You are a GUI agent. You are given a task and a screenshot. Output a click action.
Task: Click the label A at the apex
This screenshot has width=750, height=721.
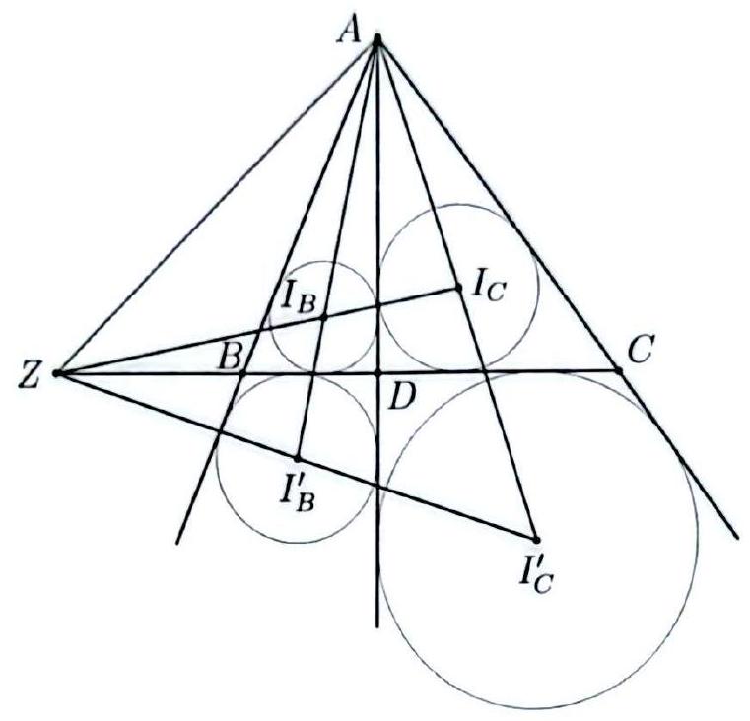click(348, 33)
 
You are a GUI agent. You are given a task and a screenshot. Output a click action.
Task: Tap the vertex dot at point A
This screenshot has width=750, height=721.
click(377, 38)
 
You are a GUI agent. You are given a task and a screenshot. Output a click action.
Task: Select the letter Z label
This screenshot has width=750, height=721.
click(29, 375)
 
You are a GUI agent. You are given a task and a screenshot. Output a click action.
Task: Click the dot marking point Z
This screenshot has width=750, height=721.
click(56, 373)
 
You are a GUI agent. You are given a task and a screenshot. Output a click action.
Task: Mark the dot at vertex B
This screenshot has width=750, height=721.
click(242, 373)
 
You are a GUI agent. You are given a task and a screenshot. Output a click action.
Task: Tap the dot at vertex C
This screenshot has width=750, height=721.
click(618, 370)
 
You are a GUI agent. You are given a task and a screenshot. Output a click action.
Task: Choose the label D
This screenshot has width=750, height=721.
click(400, 398)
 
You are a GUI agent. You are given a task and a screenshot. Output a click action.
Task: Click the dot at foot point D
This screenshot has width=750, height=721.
click(377, 373)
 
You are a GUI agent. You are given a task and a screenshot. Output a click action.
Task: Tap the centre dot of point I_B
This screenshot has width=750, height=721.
click(323, 317)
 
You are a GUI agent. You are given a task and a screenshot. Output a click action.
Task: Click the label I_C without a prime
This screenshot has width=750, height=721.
click(489, 288)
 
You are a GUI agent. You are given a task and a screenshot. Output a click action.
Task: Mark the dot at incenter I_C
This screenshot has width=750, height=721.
click(457, 288)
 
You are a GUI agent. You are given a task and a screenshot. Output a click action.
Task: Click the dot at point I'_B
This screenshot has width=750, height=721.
click(297, 459)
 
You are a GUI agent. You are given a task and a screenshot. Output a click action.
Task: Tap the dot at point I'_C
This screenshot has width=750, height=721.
click(536, 540)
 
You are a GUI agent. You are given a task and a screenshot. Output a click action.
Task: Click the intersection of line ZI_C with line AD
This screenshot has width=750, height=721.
click(377, 305)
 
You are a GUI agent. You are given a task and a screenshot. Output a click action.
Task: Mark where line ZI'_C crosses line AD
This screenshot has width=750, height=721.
click(377, 487)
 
